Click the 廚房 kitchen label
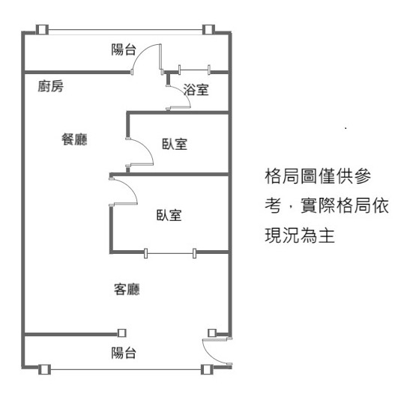click(50, 86)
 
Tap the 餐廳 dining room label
click(74, 139)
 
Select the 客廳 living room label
click(127, 289)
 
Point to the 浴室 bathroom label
click(196, 90)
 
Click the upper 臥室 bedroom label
click(175, 144)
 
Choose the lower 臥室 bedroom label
click(169, 215)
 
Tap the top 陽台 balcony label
click(124, 49)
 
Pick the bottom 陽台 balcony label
click(124, 353)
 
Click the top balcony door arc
click(140, 52)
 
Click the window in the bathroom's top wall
click(194, 70)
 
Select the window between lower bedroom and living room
click(170, 253)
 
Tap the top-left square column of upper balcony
click(42, 30)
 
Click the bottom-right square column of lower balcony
click(207, 370)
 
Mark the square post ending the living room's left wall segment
click(121, 333)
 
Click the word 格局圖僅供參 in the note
click(318, 176)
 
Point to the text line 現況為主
click(300, 235)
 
